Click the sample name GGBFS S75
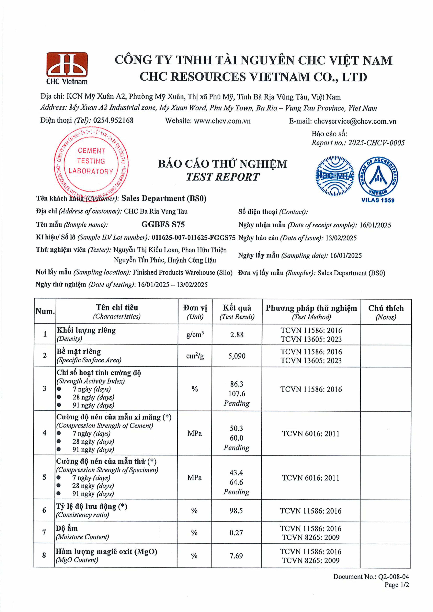pyautogui.click(x=163, y=224)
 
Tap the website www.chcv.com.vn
pyautogui.click(x=222, y=121)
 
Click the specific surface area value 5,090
pyautogui.click(x=237, y=356)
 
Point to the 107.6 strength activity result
pyautogui.click(x=237, y=394)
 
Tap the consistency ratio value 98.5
pyautogui.click(x=236, y=511)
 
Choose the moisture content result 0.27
pyautogui.click(x=236, y=533)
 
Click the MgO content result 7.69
pyautogui.click(x=236, y=556)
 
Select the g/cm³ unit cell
pyautogui.click(x=195, y=335)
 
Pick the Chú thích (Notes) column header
pyautogui.click(x=386, y=312)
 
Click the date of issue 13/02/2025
pyautogui.click(x=341, y=238)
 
